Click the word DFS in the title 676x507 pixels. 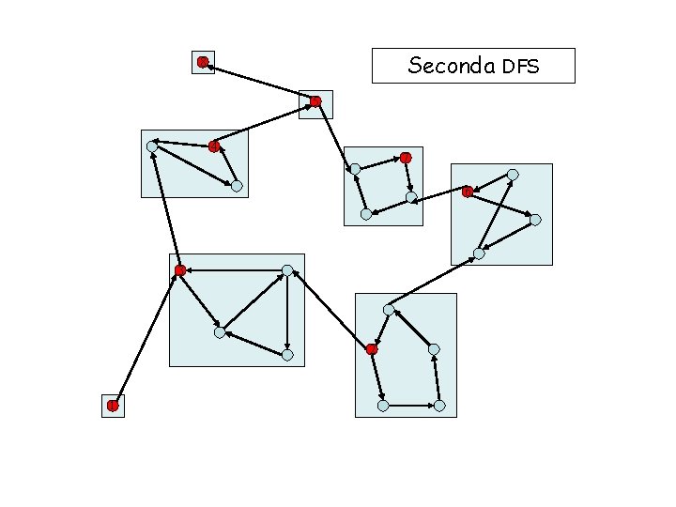tap(521, 67)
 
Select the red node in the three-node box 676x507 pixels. tap(214, 146)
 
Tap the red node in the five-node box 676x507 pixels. tap(372, 349)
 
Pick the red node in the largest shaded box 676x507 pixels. tap(179, 270)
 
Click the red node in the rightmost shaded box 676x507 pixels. tap(468, 192)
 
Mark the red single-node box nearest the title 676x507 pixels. tap(316, 101)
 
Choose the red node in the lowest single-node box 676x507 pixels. tap(112, 406)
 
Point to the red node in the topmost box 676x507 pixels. tap(203, 62)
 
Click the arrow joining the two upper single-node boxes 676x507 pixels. tap(259, 82)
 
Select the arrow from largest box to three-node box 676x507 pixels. tap(165, 208)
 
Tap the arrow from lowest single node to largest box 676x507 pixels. tap(146, 338)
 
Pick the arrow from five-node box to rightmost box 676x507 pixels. tap(434, 281)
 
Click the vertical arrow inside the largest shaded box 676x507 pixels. tap(287, 313)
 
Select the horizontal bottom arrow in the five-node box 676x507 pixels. tap(411, 406)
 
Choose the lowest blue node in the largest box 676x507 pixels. tap(287, 355)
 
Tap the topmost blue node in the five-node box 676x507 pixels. tap(389, 309)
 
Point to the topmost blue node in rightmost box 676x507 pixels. tap(513, 175)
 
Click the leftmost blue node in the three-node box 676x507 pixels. tap(152, 146)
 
